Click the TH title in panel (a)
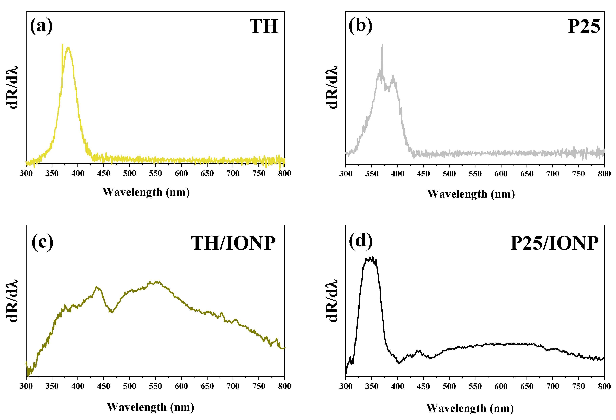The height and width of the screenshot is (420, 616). point(264,27)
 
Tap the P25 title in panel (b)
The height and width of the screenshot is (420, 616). point(584,27)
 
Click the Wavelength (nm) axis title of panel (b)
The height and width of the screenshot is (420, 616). point(471,194)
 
